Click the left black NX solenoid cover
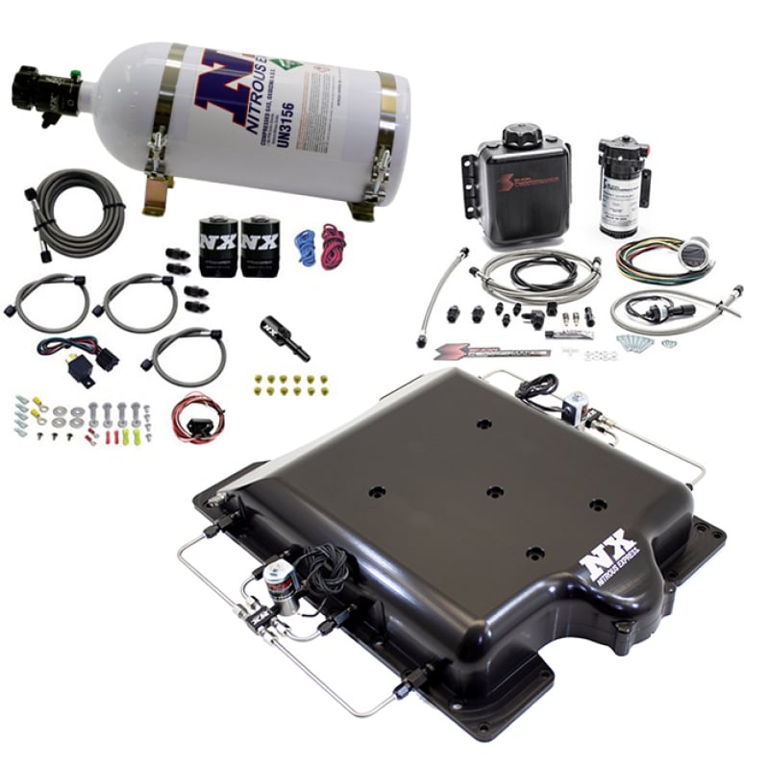(x=217, y=246)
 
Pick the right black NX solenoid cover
(x=259, y=246)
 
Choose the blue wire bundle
(x=305, y=247)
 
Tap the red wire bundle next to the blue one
(x=333, y=246)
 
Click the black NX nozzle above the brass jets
(x=284, y=338)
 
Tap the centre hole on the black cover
(x=494, y=491)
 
